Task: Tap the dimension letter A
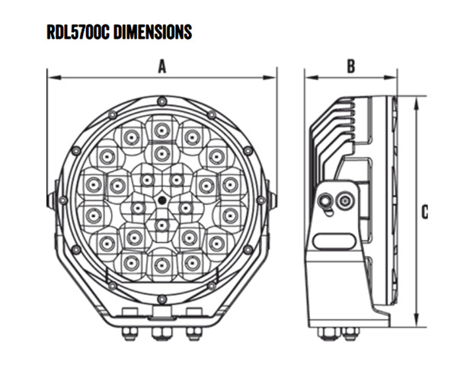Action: [161, 67]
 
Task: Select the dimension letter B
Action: [350, 67]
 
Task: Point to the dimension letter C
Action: [424, 212]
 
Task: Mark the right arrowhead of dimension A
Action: [272, 76]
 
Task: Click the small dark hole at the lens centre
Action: [161, 200]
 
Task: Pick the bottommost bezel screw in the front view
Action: [161, 299]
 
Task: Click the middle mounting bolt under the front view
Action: [161, 332]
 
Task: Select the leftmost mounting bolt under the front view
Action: [129, 332]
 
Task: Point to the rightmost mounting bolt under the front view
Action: [193, 332]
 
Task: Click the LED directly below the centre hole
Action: [161, 226]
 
